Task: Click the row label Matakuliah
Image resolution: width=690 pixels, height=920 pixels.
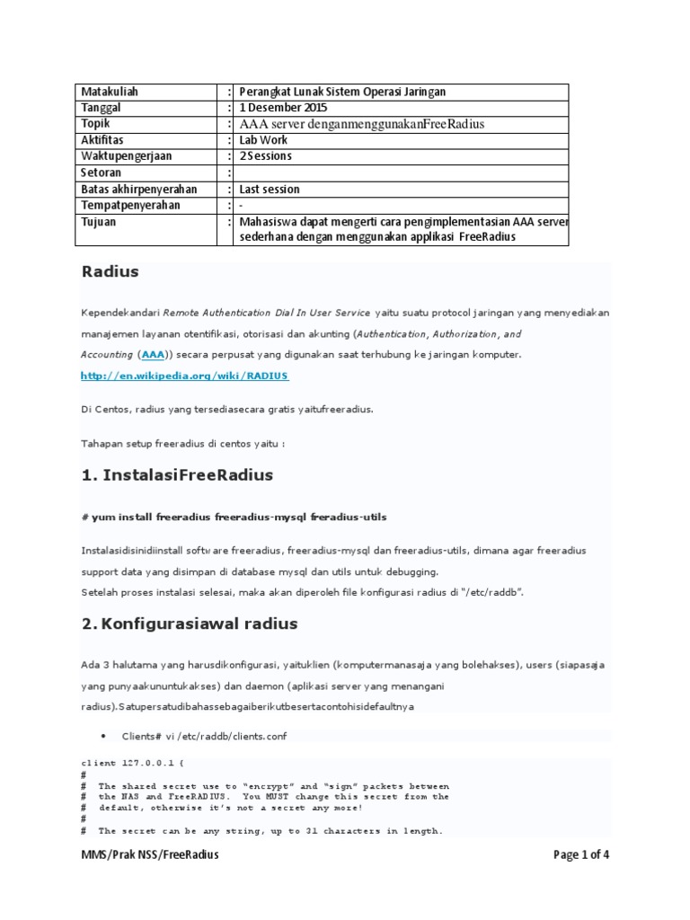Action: [x=111, y=92]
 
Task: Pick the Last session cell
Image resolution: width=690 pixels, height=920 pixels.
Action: [x=270, y=189]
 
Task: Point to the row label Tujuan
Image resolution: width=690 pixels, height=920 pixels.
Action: [x=99, y=222]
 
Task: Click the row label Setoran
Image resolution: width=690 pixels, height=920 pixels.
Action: [x=102, y=172]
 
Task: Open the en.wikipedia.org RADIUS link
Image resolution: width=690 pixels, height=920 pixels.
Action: [x=185, y=376]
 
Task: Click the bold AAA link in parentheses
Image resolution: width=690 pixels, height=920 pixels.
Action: [x=153, y=355]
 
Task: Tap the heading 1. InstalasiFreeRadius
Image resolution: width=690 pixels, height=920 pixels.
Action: [x=177, y=474]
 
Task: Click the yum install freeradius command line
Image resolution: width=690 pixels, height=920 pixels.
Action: [x=234, y=517]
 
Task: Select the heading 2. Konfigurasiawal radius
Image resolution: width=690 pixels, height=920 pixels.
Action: [x=190, y=623]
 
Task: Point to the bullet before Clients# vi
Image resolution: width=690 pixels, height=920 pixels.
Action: [x=104, y=736]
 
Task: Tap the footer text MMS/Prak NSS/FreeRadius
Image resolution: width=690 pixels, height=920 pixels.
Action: [x=149, y=854]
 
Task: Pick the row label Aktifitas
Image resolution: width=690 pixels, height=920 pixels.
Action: [x=102, y=140]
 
